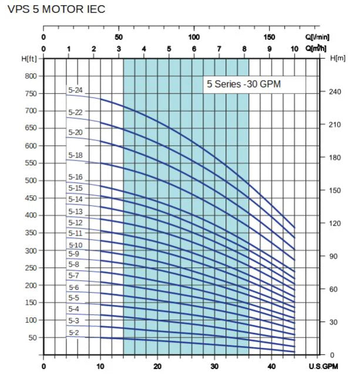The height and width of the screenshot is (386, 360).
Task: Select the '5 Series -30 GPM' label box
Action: tap(243, 84)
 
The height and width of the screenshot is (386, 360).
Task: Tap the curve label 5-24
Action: tap(75, 90)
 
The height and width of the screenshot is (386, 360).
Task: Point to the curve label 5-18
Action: tap(75, 155)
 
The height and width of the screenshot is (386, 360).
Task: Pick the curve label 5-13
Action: tap(75, 212)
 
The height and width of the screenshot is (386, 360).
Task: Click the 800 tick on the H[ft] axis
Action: tap(30, 76)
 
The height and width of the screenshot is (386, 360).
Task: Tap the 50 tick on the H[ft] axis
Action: tap(32, 338)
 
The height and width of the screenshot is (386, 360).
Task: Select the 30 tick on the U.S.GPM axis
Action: tap(214, 367)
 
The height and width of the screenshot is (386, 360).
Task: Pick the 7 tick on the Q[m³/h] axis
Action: tap(219, 49)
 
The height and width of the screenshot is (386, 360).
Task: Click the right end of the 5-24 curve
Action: tap(294, 227)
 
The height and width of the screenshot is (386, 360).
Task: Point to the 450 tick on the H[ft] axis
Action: tap(30, 198)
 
